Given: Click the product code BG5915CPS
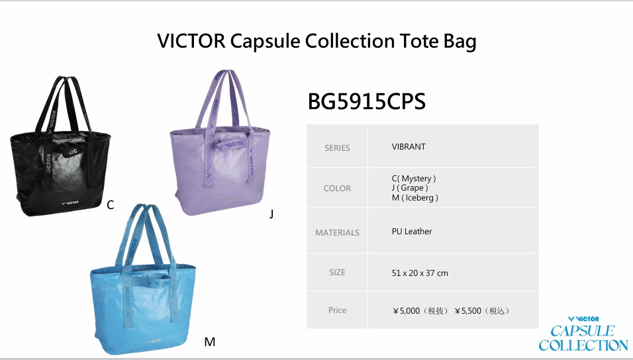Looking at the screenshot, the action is tap(367, 101).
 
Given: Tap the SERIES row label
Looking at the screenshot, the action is tap(337, 148).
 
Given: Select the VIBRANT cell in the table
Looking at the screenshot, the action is tap(409, 147).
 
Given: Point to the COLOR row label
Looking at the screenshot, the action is tap(337, 189).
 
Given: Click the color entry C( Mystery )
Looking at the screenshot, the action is tap(414, 179).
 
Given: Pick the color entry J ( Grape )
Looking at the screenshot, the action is tap(410, 188).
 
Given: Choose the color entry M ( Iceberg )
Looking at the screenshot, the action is tap(415, 198).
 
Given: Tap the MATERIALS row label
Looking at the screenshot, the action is tap(337, 233).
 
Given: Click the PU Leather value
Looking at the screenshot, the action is tap(412, 232).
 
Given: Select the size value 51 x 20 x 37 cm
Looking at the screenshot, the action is tap(420, 273).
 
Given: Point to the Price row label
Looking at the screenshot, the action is tap(337, 310).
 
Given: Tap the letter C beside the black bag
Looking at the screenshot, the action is tap(110, 205).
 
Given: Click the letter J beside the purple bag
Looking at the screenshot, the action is tap(271, 214).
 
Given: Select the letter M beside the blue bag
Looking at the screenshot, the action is tap(209, 342).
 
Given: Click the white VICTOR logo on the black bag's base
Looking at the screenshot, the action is tap(70, 202).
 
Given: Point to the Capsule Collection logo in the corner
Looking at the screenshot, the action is tap(583, 334).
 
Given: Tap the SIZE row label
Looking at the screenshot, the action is tap(337, 273).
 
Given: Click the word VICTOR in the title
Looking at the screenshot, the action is tap(191, 41).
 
